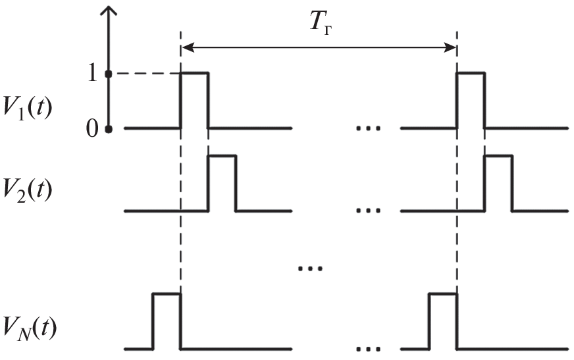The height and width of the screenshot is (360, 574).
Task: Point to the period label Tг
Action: (320, 26)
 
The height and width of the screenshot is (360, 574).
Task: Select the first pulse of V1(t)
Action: (194, 99)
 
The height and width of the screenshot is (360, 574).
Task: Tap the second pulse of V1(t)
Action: (471, 99)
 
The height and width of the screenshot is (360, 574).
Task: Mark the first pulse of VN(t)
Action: (167, 321)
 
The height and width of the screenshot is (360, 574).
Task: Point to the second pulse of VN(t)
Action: (442, 321)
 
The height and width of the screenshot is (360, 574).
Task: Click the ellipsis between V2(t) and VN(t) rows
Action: (308, 269)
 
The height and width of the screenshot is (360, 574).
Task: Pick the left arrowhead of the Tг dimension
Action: (186, 47)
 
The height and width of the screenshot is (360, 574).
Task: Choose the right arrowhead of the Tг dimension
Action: (451, 47)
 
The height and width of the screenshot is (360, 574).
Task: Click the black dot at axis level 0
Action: (109, 129)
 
